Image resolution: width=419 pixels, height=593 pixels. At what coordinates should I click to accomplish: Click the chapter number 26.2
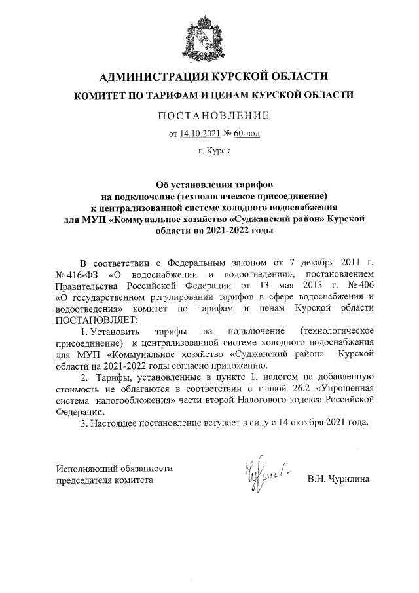297,389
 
